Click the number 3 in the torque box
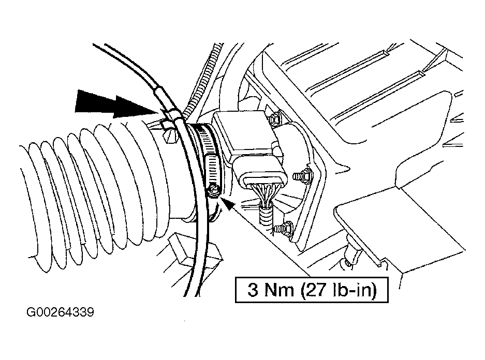click(x=253, y=290)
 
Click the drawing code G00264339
click(x=60, y=312)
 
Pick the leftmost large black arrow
click(x=96, y=100)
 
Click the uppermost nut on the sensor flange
click(x=275, y=119)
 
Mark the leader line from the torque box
click(x=272, y=242)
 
